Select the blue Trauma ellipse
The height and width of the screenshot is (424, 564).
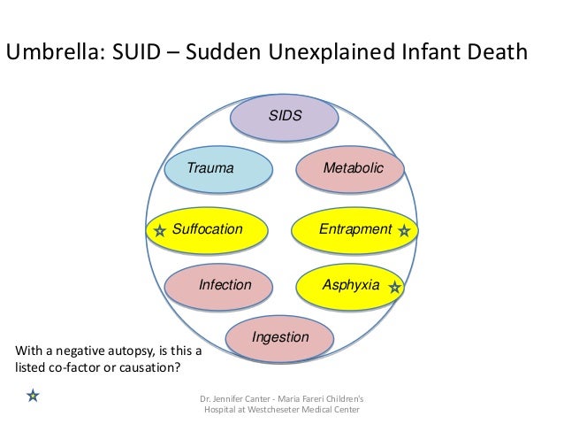click(217, 168)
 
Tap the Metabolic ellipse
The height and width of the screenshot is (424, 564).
click(351, 168)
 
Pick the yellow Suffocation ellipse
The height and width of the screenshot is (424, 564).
click(207, 229)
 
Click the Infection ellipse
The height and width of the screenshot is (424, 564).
click(225, 285)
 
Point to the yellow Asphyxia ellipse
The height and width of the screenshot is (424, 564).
click(351, 285)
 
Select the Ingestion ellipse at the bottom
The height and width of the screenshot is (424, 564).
click(280, 337)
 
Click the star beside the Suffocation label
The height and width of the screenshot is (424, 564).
click(159, 231)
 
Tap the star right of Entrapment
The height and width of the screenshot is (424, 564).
click(404, 231)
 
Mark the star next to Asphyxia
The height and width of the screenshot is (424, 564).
click(395, 288)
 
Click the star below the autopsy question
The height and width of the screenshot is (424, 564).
click(32, 395)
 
